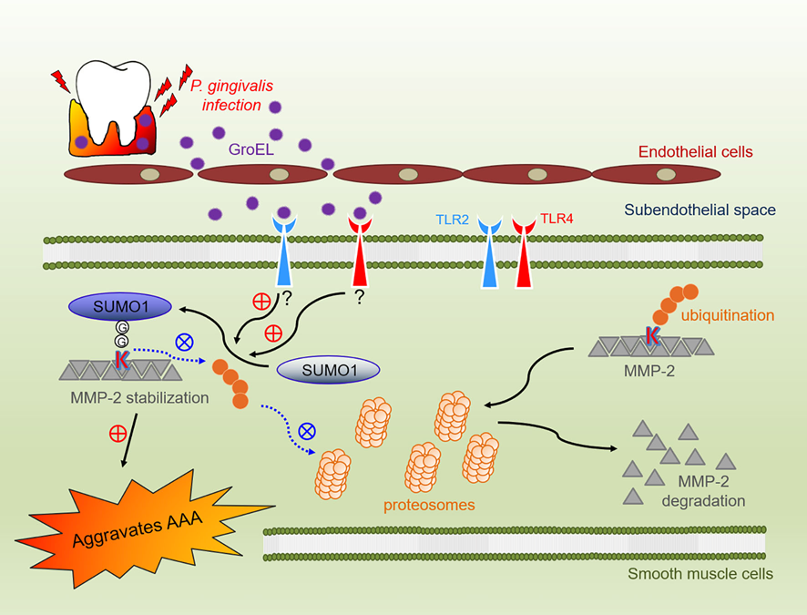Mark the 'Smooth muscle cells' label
pyautogui.click(x=699, y=574)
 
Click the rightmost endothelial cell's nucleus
pyautogui.click(x=667, y=173)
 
